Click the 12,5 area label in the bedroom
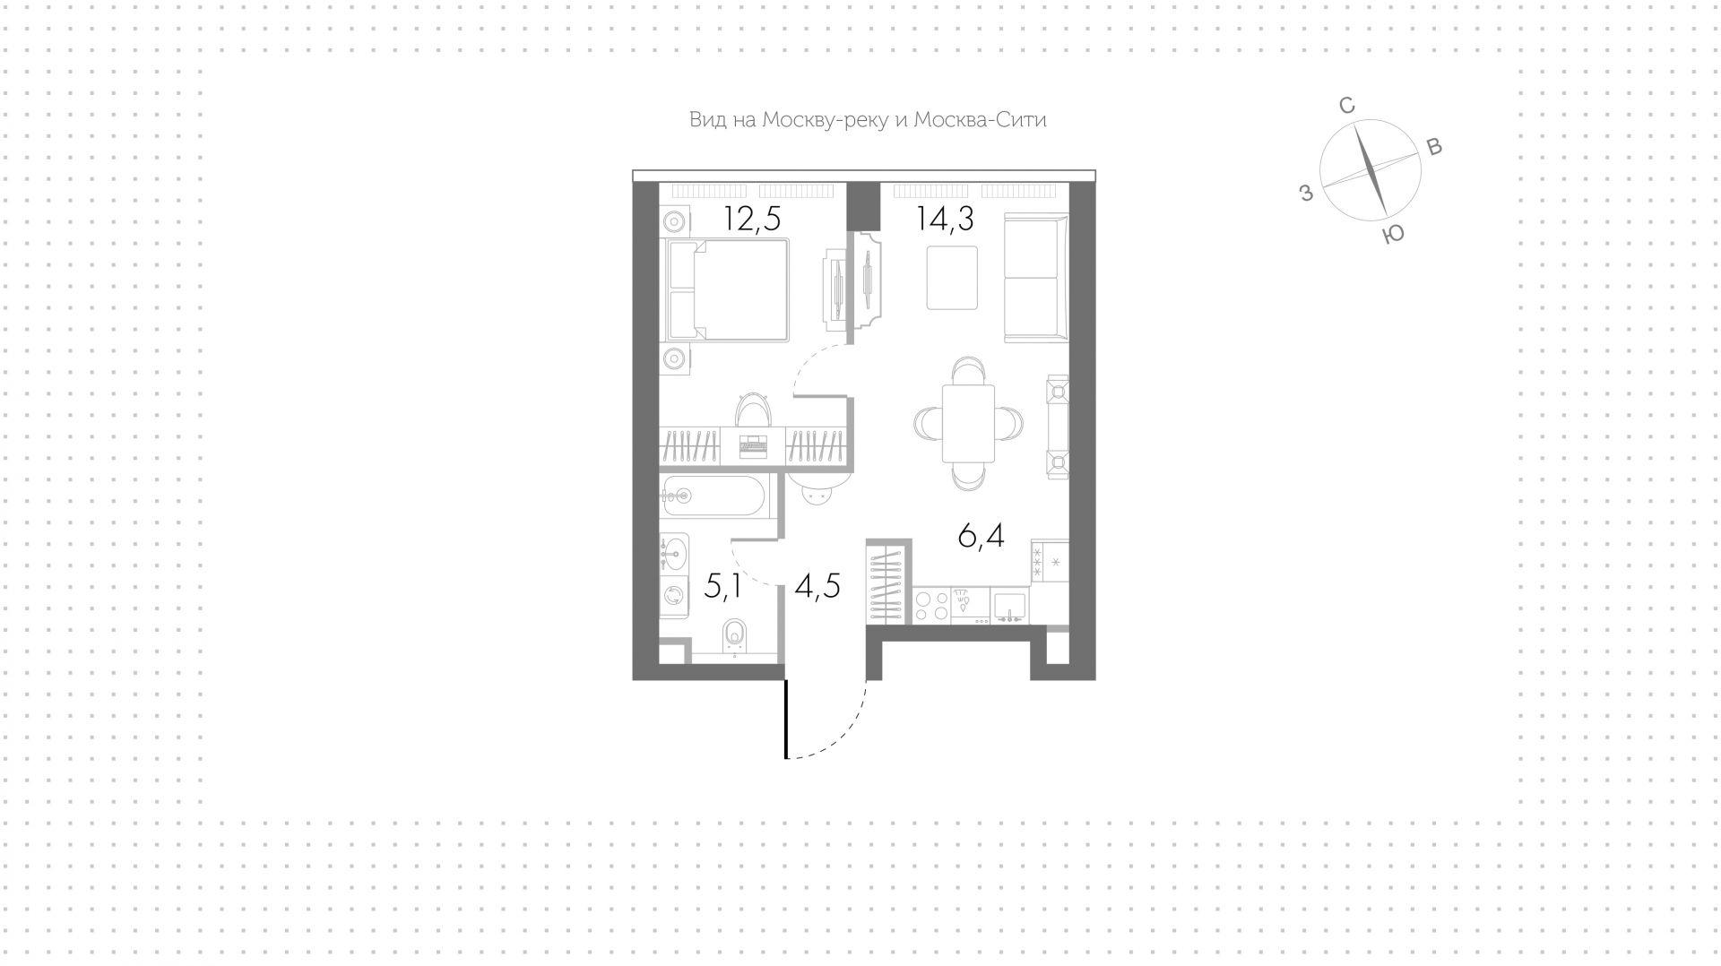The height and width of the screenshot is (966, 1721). click(753, 219)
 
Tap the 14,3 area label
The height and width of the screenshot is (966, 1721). click(945, 219)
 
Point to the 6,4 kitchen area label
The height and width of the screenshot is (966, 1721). click(981, 536)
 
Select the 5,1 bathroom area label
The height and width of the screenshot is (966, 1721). click(722, 586)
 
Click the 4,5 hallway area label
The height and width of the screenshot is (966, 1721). click(817, 586)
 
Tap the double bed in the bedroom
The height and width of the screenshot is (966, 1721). click(726, 289)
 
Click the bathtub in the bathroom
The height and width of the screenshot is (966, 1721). click(713, 495)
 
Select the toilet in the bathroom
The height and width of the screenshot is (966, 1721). click(734, 637)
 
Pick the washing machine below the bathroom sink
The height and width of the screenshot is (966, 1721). click(673, 595)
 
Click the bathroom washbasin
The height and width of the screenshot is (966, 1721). click(673, 552)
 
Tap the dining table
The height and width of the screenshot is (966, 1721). click(968, 423)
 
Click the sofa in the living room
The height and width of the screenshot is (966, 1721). click(1036, 278)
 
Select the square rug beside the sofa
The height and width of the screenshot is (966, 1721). click(952, 278)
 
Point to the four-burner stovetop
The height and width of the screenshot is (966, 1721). click(933, 606)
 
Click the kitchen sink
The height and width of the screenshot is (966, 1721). click(1009, 606)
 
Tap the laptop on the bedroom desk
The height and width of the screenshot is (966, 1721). click(753, 445)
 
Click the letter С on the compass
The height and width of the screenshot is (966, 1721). click(1346, 106)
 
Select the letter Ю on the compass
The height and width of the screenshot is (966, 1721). click(1393, 235)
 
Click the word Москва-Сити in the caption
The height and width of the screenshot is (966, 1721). click(980, 119)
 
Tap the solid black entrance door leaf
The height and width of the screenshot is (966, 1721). click(786, 719)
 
